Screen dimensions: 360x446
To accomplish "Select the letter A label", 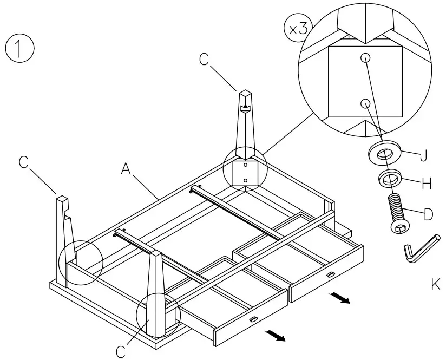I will click(x=126, y=170).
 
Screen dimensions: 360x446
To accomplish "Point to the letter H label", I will click(x=427, y=184).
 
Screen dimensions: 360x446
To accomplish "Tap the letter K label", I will click(x=436, y=283).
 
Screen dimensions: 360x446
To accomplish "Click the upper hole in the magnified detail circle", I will click(x=365, y=57).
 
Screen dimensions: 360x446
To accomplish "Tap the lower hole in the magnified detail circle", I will click(x=365, y=102).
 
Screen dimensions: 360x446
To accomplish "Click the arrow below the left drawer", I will click(x=276, y=336).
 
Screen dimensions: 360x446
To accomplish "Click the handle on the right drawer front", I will click(x=330, y=275).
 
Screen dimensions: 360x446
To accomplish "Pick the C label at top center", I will click(x=204, y=60).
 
